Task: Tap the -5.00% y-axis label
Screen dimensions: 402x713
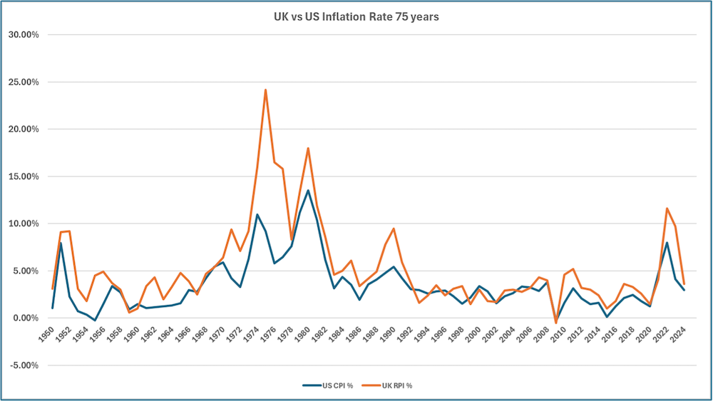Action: coord(23,366)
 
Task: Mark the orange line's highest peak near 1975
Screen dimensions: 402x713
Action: coord(265,90)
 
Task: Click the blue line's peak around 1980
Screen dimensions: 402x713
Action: coord(308,190)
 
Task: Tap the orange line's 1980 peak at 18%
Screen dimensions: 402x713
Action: coord(308,148)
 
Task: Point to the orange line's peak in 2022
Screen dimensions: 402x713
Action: coord(667,208)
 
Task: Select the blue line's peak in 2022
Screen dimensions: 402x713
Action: coord(667,243)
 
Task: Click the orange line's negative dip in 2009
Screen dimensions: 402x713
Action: coord(555,323)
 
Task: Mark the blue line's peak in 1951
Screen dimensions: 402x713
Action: coord(61,243)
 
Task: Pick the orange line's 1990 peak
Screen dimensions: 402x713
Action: coord(394,228)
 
